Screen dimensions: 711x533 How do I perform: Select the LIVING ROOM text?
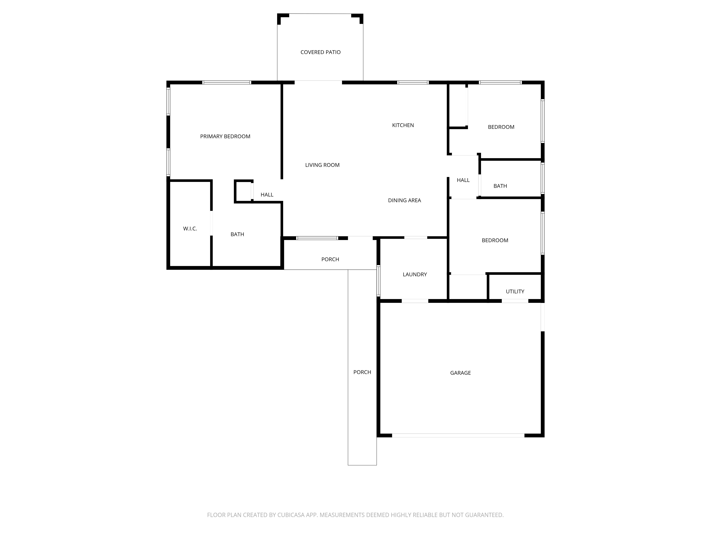(322, 165)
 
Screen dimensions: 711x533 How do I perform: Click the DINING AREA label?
(404, 200)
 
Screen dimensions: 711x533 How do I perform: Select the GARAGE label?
(460, 373)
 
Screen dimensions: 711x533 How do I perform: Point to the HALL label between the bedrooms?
(463, 180)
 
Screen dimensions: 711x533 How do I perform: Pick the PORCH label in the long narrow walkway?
(362, 372)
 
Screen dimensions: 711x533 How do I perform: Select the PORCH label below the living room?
(330, 259)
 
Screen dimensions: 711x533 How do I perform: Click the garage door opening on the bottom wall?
(458, 435)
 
